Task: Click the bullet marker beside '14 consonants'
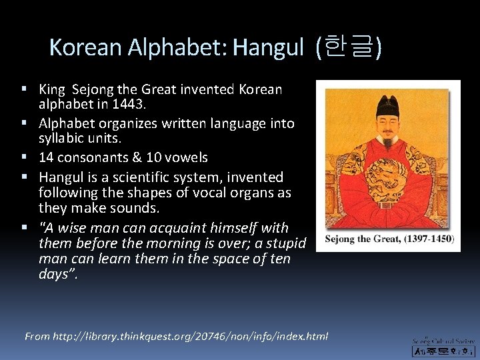click(24, 158)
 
